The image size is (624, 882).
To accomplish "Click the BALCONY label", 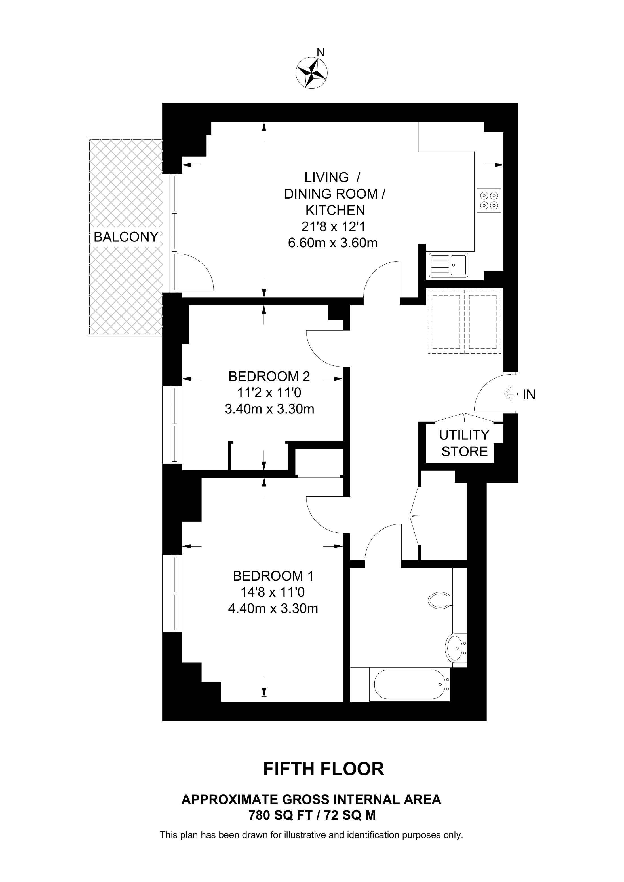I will tap(126, 237).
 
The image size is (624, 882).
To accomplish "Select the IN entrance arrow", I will tap(510, 394).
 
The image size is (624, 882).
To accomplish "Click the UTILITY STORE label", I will tap(464, 443).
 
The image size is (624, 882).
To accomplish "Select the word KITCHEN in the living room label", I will tap(335, 210).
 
